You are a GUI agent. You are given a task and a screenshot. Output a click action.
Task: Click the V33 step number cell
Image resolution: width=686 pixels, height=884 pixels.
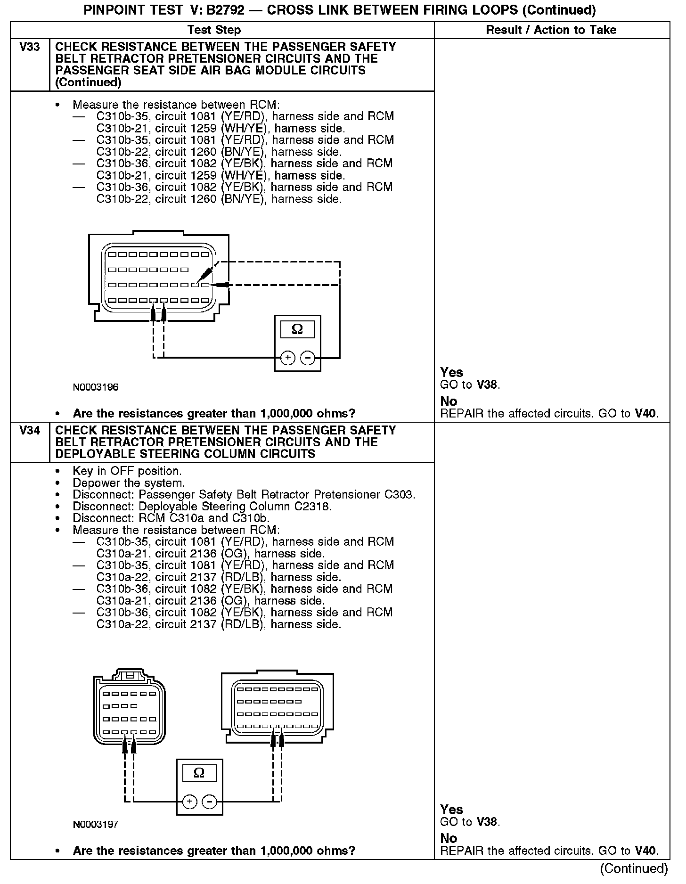30,47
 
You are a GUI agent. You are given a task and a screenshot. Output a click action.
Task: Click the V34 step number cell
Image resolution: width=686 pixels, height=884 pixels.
30,431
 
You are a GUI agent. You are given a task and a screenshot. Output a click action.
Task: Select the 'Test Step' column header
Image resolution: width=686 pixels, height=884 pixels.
214,30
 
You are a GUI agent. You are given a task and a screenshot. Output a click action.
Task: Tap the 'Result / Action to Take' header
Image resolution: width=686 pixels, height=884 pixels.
551,30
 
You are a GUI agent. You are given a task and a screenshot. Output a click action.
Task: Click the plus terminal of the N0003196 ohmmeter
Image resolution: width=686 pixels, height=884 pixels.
288,358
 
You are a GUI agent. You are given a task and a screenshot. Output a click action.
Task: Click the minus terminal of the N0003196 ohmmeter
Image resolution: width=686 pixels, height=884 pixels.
308,358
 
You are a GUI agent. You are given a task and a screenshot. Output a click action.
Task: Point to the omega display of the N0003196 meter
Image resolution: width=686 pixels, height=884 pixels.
297,329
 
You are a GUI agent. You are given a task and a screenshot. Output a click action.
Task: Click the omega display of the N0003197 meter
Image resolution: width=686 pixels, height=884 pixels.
199,773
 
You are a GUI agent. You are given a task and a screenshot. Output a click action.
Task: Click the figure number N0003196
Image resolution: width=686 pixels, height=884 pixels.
96,388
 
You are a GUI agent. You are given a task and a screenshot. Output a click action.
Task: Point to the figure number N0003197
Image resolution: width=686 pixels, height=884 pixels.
96,825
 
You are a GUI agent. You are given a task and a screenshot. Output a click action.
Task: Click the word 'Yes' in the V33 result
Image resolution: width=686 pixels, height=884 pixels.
451,372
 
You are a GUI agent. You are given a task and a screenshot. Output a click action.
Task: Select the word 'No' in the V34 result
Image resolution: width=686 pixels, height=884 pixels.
449,838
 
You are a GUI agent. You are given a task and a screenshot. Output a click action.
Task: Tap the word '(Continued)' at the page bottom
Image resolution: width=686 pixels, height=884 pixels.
634,868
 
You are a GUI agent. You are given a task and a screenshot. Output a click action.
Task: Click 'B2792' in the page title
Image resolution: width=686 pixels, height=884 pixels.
227,10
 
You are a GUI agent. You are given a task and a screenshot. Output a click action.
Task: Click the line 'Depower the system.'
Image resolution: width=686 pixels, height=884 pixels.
129,483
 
